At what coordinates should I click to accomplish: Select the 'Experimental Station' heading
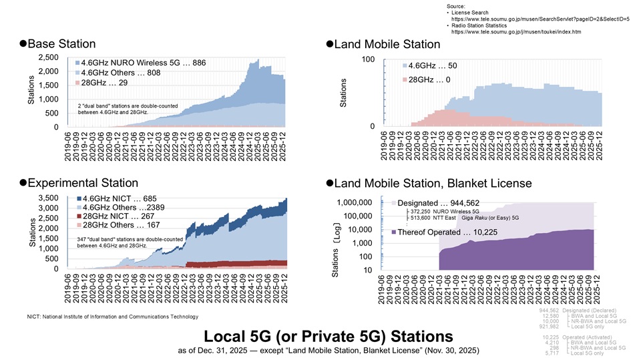pyautogui.click(x=83, y=183)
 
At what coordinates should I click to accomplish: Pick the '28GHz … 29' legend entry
pyautogui.click(x=103, y=83)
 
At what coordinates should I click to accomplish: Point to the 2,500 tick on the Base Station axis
pyautogui.click(x=47, y=57)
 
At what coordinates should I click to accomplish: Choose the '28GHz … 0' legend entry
pyautogui.click(x=430, y=79)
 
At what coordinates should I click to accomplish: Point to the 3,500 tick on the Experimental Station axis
pyautogui.click(x=47, y=198)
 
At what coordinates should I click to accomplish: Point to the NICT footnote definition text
pyautogui.click(x=112, y=316)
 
